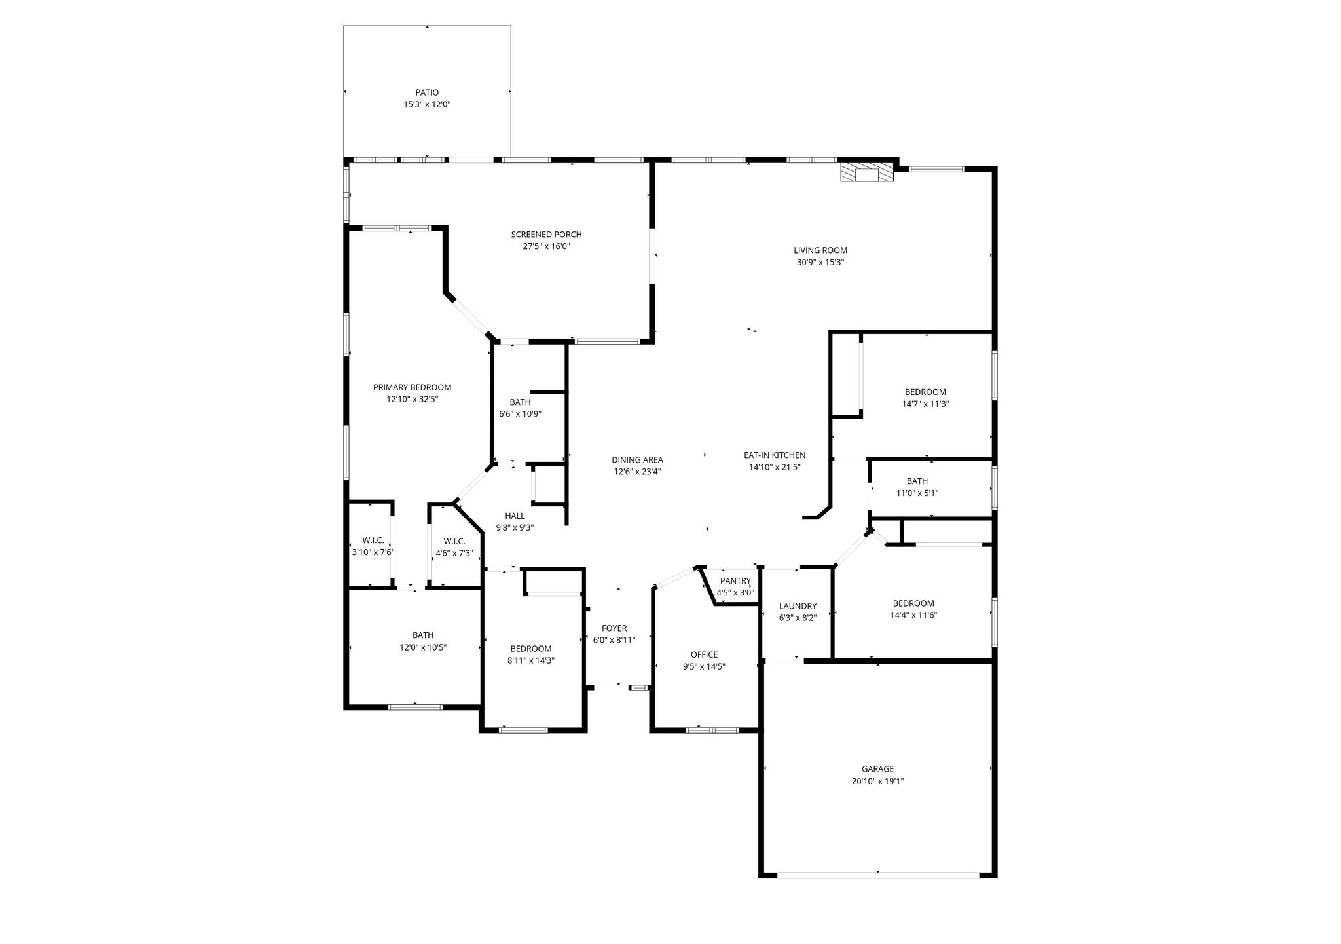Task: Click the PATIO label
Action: point(427,93)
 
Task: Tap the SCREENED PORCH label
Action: point(546,235)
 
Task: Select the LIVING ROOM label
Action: point(820,250)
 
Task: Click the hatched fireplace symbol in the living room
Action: point(867,173)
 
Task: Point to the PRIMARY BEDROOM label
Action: point(412,387)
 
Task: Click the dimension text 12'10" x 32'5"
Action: point(412,399)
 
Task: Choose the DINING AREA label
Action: point(637,460)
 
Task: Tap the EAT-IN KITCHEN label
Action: point(775,455)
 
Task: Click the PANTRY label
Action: point(735,581)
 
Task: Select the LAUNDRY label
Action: point(798,606)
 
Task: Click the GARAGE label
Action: point(877,769)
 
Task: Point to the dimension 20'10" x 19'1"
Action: point(877,781)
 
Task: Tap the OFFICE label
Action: point(704,654)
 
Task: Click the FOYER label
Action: point(614,628)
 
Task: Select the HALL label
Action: point(515,516)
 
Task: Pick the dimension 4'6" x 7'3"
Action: point(454,553)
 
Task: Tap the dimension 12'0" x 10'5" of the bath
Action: point(423,647)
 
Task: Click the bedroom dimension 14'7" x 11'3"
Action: point(925,404)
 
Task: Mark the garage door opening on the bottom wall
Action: point(878,874)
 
